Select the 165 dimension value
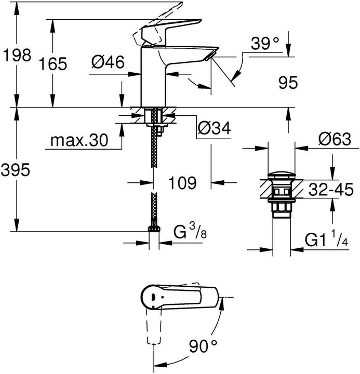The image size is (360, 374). (54, 64)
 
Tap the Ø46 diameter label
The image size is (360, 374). (108, 63)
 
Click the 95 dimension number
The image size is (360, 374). (288, 82)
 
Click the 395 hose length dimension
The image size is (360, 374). (16, 169)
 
